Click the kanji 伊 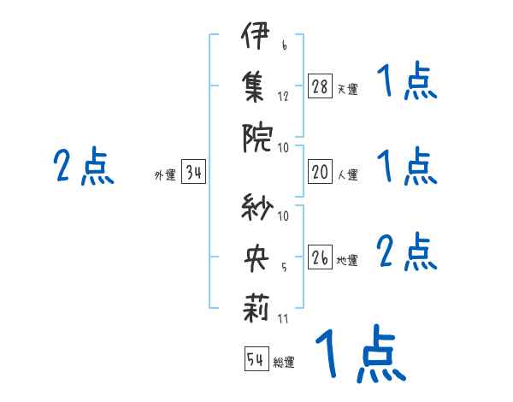point(256,40)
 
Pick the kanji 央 point(256,259)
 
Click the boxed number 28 point(320,86)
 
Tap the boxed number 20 point(320,172)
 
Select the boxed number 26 point(320,258)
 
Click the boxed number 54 point(256,359)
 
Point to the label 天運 point(347,89)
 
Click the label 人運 point(347,174)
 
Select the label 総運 point(284,362)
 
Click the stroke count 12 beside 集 point(283,96)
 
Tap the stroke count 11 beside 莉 point(282,319)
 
